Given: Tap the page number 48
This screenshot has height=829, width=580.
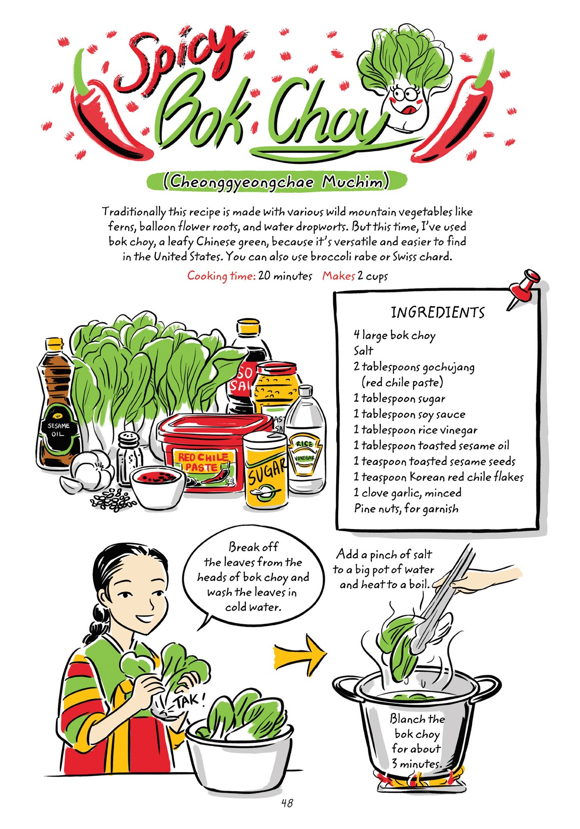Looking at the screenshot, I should point(287,802).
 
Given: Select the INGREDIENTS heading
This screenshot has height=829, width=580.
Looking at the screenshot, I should point(437,313).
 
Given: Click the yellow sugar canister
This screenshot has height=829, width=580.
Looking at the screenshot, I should point(265,471).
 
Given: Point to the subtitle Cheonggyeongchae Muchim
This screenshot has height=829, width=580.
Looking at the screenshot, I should point(277,183).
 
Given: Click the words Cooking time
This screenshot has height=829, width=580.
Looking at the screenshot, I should point(221,276).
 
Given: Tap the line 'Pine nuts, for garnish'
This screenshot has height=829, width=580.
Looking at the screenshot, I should point(406,508).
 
